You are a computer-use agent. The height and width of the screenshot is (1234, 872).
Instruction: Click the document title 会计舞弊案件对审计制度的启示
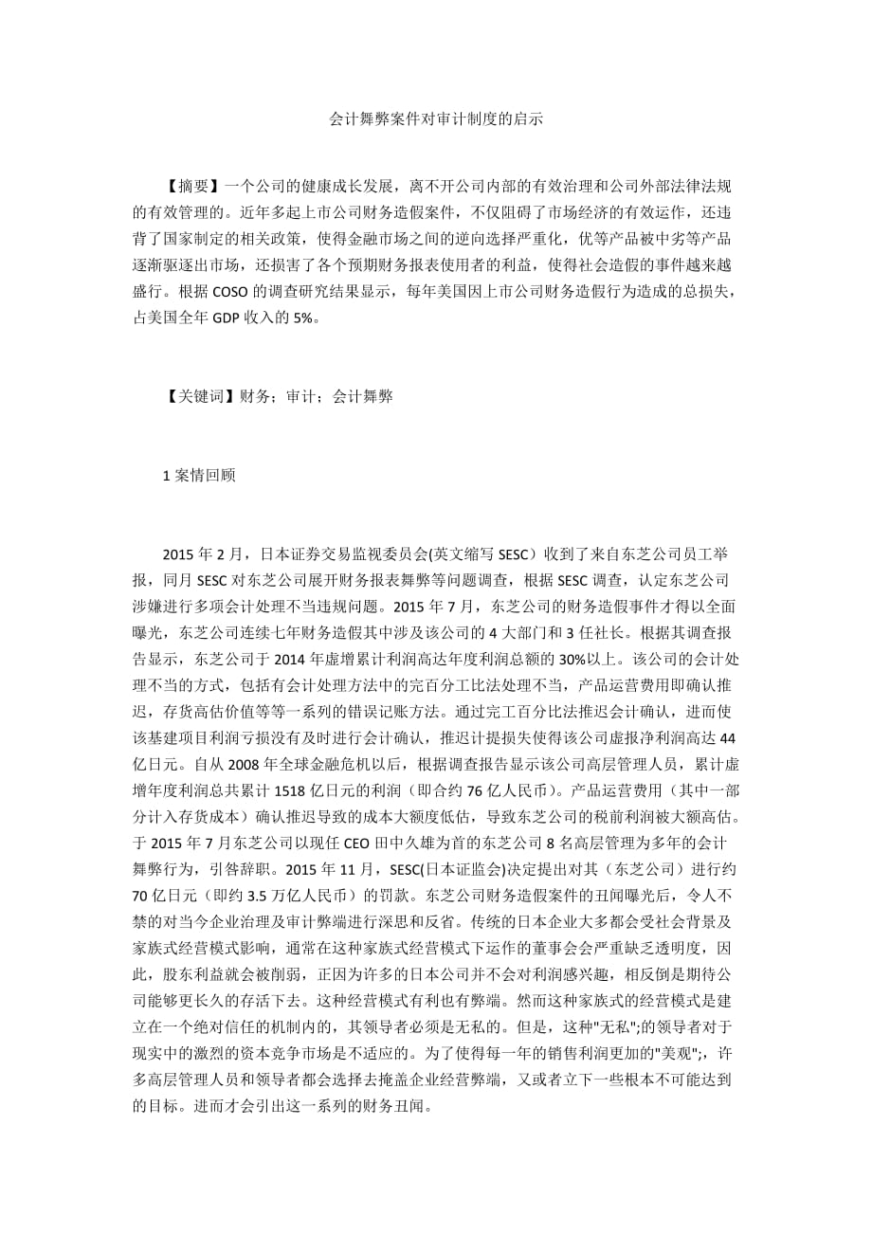(435, 120)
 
